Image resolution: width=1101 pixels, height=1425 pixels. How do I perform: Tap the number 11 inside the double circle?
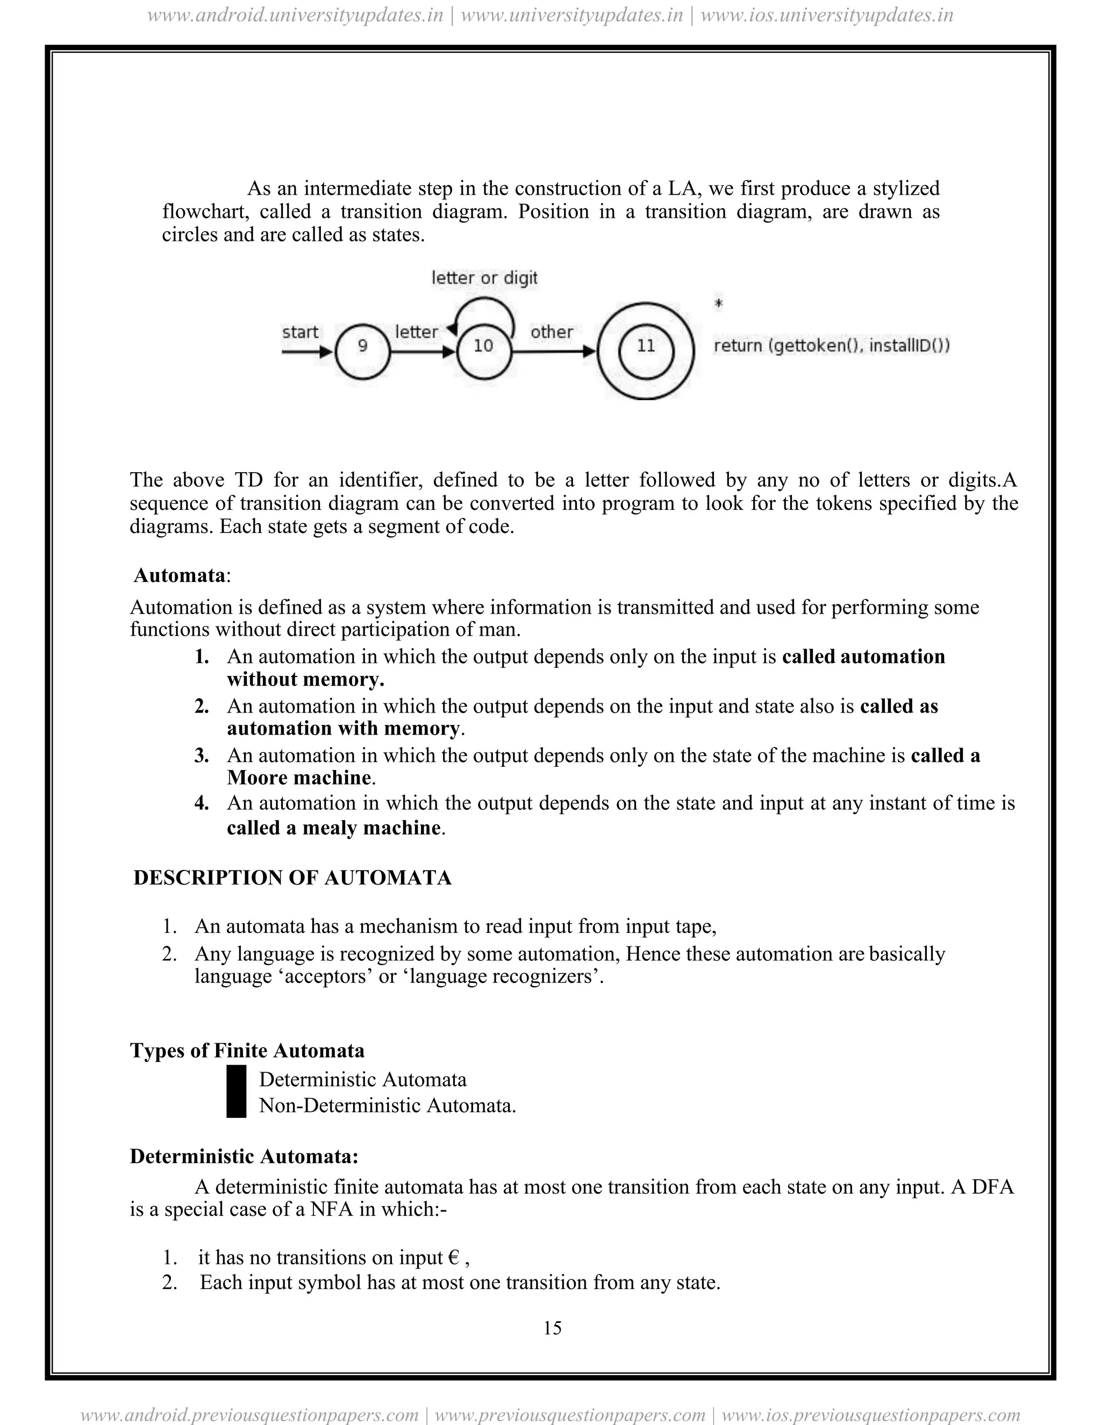646,346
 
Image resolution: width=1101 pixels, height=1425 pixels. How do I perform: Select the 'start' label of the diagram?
300,332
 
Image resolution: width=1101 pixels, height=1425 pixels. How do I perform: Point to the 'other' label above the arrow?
551,332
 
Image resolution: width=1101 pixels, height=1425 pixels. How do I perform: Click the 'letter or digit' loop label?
484,278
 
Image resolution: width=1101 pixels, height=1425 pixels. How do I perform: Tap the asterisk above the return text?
719,303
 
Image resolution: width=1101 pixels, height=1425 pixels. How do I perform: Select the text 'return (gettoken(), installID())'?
832,346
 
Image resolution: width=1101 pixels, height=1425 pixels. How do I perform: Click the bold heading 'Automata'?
180,575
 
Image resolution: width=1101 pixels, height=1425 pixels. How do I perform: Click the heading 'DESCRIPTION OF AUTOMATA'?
292,878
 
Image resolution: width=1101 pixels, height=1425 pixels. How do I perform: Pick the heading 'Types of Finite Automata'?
247,1051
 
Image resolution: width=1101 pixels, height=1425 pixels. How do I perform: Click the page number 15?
552,1328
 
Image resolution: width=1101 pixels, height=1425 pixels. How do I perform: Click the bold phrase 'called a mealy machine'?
334,828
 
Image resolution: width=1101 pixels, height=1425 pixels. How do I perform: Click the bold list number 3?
202,756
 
